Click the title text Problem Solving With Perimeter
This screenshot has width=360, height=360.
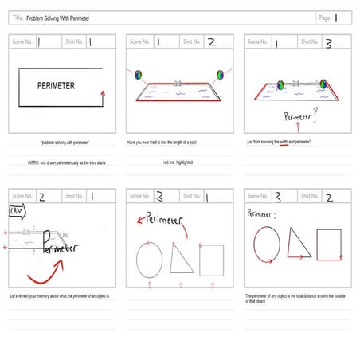pos(57,17)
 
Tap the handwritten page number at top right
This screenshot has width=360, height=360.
pos(337,17)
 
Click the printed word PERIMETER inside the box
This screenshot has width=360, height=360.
pos(56,84)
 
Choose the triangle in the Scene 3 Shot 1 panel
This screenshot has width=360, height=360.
pos(182,257)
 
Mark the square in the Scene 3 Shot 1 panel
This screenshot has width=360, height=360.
pos(211,258)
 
